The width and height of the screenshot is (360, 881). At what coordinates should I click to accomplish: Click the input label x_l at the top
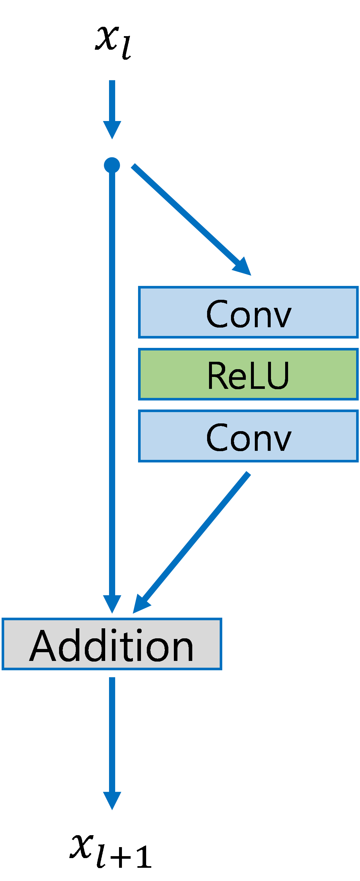click(113, 42)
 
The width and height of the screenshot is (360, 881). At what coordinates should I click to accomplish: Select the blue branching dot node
click(112, 165)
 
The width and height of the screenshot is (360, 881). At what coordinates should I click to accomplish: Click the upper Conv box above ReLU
click(248, 312)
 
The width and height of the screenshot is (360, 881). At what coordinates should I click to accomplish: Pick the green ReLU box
click(248, 374)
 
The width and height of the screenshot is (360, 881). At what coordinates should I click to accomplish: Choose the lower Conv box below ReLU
click(248, 436)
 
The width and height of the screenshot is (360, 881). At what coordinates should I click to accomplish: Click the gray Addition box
click(112, 644)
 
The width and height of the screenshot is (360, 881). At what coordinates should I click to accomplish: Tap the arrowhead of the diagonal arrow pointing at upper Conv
click(244, 268)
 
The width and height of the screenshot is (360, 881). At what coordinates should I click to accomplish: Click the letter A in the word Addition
click(42, 646)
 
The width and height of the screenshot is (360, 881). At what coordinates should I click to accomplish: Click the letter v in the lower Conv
click(281, 440)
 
